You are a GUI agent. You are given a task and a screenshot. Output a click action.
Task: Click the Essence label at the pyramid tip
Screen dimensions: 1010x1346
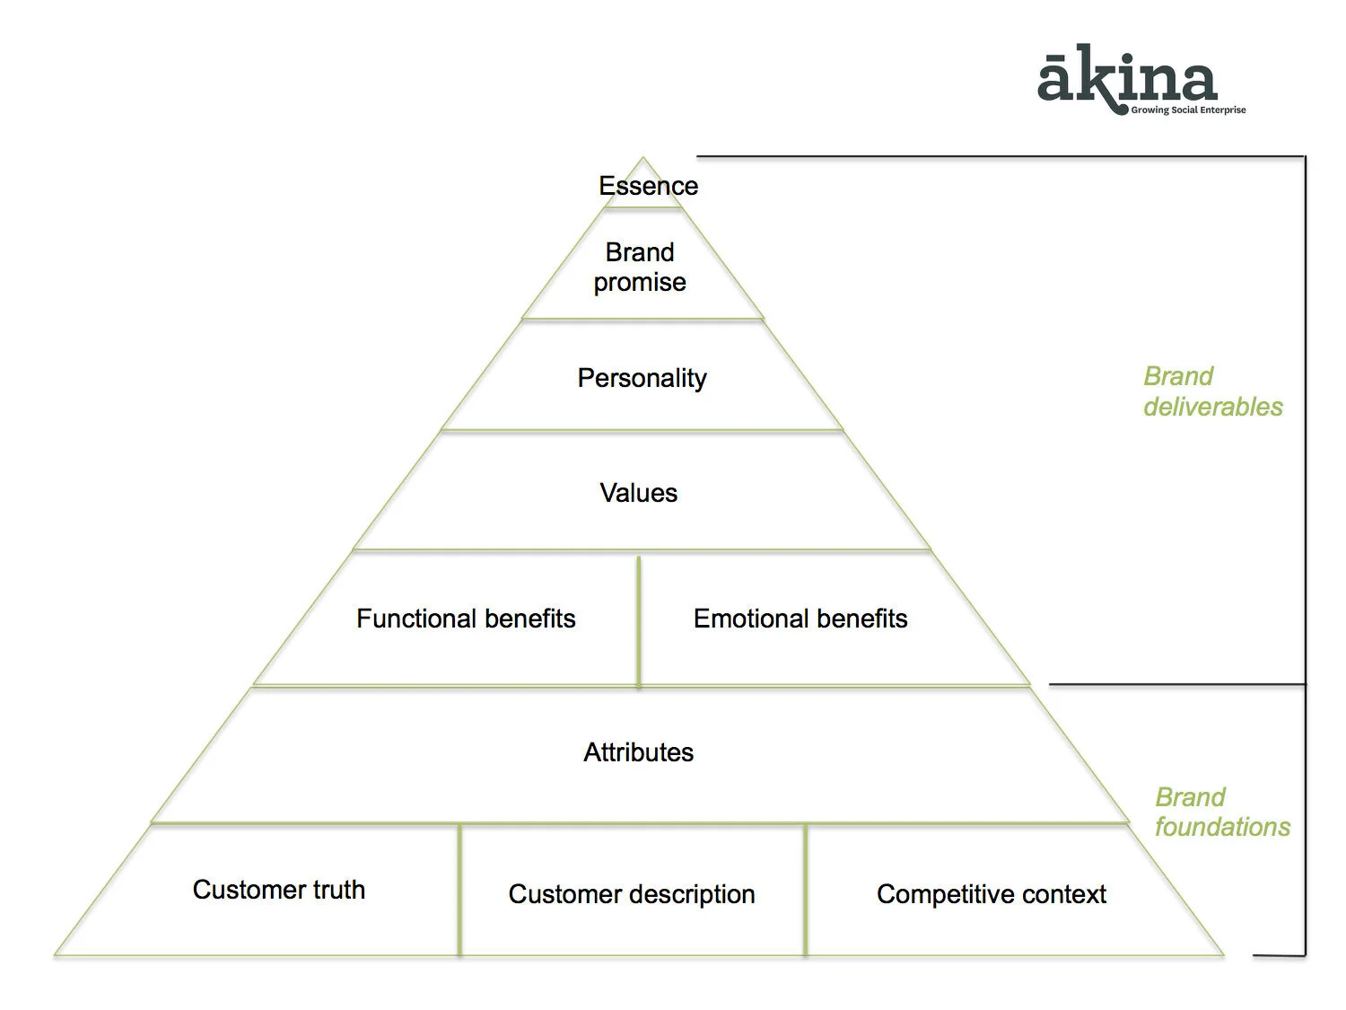[x=648, y=186]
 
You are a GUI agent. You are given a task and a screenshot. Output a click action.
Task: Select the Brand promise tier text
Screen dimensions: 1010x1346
[x=640, y=267]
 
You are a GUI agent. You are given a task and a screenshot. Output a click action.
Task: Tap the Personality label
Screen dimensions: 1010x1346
[x=642, y=378]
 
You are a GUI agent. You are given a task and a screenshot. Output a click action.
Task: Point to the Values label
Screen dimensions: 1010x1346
[x=638, y=493]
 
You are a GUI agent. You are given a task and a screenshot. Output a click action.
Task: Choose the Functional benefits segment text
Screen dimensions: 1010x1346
[x=466, y=619]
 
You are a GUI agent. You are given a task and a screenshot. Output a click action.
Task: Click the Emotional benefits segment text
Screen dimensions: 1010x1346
[x=800, y=619]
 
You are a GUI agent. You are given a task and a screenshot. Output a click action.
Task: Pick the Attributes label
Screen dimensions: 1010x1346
[x=638, y=752]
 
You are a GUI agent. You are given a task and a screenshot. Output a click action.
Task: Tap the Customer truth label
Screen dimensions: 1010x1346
[x=279, y=890]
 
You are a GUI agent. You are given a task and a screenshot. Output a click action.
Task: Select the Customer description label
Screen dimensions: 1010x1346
[x=632, y=894]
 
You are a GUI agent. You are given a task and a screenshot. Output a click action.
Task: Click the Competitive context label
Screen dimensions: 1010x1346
[x=992, y=894]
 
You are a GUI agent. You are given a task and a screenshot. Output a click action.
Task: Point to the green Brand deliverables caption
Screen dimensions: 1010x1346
[x=1212, y=391]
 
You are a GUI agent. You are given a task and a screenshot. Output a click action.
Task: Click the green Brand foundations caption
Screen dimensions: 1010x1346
[x=1222, y=812]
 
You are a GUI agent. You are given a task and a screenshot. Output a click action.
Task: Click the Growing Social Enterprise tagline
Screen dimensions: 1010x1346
[x=1188, y=110]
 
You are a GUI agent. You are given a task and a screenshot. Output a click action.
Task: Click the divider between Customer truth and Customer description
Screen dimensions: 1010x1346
[x=459, y=889]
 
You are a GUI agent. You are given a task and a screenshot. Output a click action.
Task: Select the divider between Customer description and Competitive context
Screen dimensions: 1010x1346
[x=805, y=889]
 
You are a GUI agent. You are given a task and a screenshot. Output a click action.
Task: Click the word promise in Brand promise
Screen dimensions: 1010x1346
[x=640, y=283]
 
